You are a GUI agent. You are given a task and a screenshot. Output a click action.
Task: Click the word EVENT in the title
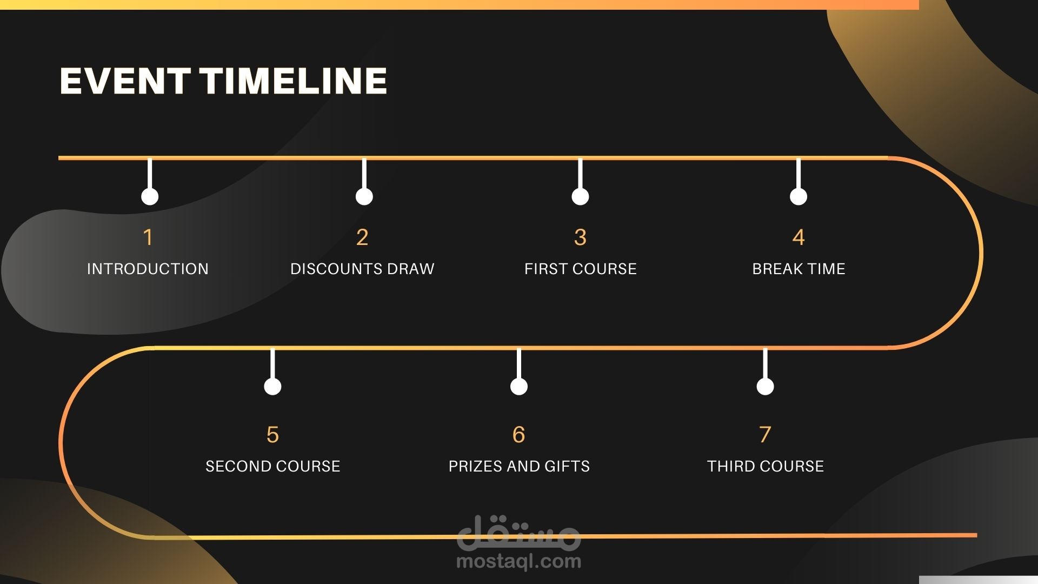[x=124, y=81]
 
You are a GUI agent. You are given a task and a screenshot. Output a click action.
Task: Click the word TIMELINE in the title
[x=294, y=81]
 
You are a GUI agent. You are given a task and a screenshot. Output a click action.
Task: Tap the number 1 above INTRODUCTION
[x=148, y=237]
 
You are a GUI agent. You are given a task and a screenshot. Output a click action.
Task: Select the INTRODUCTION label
[x=148, y=269]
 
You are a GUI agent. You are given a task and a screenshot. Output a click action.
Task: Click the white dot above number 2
[x=364, y=197]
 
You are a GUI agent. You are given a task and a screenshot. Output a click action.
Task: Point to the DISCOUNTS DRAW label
[x=362, y=269]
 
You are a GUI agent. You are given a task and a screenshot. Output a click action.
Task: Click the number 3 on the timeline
[x=580, y=237]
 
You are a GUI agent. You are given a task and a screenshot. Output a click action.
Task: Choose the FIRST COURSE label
[x=581, y=269]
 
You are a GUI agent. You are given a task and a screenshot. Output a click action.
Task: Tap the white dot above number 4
[x=799, y=197]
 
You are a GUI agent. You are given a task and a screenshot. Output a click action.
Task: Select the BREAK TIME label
[x=799, y=269]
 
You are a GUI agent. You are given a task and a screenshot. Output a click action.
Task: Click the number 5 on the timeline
[x=272, y=435]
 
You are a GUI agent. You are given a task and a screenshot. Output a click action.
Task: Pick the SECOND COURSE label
[x=273, y=466]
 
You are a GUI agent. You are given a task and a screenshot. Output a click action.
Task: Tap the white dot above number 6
[x=519, y=387]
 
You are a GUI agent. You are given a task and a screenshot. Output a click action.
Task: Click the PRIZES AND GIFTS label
[x=519, y=466]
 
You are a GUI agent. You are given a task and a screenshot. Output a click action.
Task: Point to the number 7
[x=765, y=435]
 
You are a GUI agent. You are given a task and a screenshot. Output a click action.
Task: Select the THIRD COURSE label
[x=766, y=466]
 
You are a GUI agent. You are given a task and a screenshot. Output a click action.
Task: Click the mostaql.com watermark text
[x=519, y=561]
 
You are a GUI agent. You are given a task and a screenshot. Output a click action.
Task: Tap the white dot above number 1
[x=150, y=197]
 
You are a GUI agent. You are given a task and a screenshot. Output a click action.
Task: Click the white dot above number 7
[x=765, y=387]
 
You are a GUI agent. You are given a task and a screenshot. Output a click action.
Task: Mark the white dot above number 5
[x=272, y=387]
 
